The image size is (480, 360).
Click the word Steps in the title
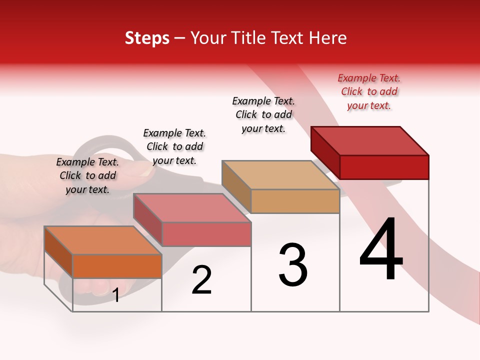click(147, 38)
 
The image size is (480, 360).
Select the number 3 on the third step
click(293, 265)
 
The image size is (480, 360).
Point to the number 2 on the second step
click(201, 280)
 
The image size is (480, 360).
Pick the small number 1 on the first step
click(116, 295)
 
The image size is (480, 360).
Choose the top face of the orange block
click(103, 240)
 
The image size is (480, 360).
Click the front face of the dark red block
click(384, 167)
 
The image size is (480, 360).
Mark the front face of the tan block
click(295, 201)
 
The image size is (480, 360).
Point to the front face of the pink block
click(206, 234)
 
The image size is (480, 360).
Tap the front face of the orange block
click(117, 266)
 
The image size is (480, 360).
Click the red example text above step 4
click(369, 91)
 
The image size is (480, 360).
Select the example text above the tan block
click(263, 114)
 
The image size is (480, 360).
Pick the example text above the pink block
click(174, 146)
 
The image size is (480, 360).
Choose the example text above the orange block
click(87, 175)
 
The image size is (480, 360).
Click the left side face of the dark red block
click(325, 151)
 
